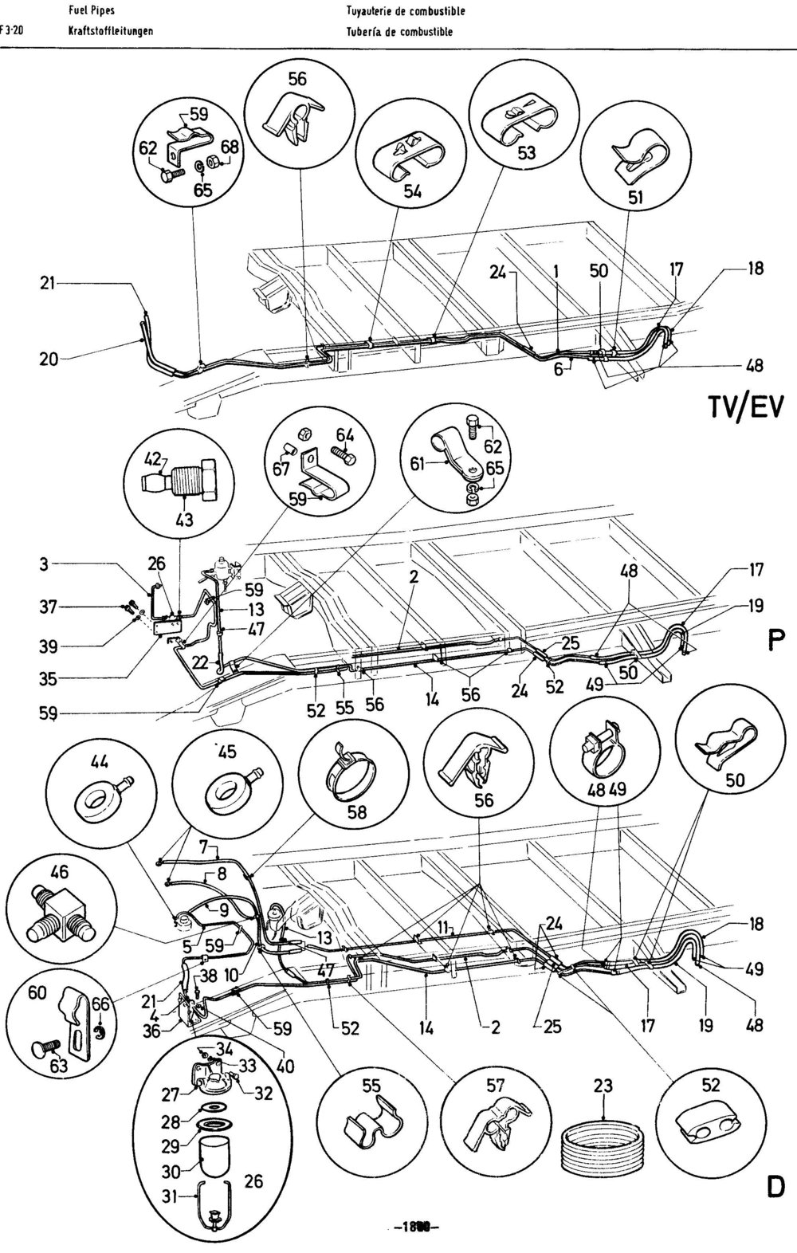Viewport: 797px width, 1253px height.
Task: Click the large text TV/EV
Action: (746, 407)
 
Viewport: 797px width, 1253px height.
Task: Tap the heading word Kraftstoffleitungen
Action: (111, 32)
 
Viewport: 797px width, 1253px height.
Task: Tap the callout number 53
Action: (527, 153)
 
